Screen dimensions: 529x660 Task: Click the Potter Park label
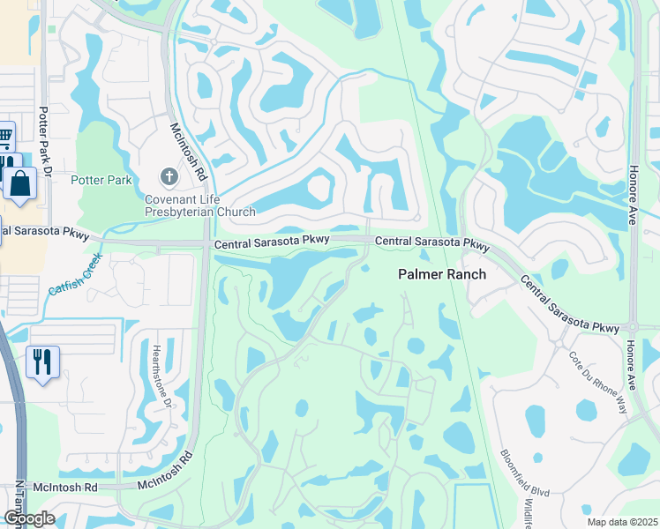(103, 181)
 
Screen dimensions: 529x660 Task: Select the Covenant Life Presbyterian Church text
(200, 205)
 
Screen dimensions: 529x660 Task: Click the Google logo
(29, 518)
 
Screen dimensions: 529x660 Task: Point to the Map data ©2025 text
(621, 522)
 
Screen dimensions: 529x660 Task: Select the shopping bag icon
(19, 183)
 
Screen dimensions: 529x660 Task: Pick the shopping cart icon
(4, 137)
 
